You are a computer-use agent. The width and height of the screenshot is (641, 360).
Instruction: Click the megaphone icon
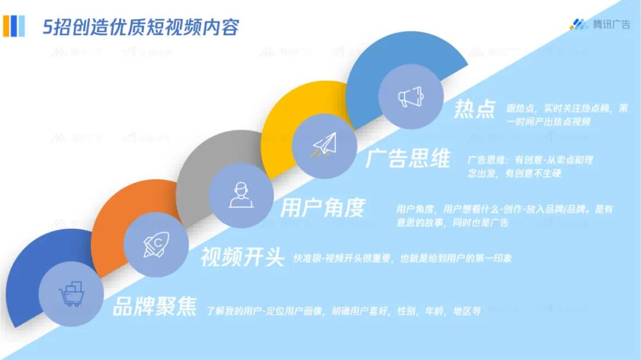tap(410, 97)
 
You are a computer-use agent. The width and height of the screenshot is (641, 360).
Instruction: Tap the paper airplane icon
tap(325, 144)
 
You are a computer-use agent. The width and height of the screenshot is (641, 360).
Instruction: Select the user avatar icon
tap(241, 195)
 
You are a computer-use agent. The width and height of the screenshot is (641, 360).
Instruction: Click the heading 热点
tap(474, 109)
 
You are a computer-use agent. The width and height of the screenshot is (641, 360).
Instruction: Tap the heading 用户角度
tap(322, 208)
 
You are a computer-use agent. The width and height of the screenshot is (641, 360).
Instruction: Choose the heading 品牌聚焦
tap(154, 307)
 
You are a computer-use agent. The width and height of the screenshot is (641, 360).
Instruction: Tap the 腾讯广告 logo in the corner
tap(600, 24)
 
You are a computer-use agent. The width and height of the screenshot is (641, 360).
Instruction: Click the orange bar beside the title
tap(7, 26)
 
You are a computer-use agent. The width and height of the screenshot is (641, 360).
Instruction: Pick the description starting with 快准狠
tap(402, 259)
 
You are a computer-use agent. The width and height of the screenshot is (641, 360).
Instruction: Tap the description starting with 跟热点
tap(559, 115)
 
